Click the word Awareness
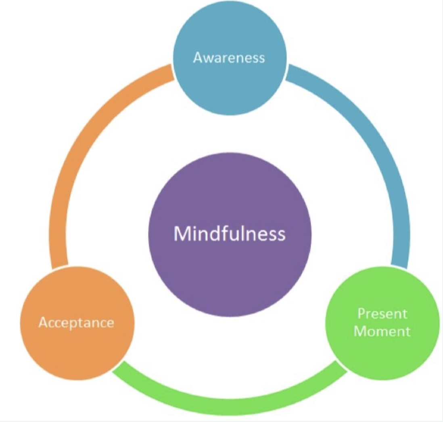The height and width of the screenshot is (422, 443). point(229,57)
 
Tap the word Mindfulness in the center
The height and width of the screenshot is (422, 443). point(230,234)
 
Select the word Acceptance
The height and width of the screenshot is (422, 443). point(76,323)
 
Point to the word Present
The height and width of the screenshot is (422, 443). point(382,314)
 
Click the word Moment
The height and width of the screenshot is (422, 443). point(382,331)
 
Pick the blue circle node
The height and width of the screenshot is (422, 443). point(230,58)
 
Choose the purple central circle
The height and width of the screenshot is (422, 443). point(230,235)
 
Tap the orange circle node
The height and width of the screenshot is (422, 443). point(77,323)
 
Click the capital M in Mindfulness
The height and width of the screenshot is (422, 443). point(182,234)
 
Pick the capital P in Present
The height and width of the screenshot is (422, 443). point(362,314)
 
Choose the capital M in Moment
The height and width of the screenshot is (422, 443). point(359,331)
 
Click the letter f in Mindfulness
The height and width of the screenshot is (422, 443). point(225,233)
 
